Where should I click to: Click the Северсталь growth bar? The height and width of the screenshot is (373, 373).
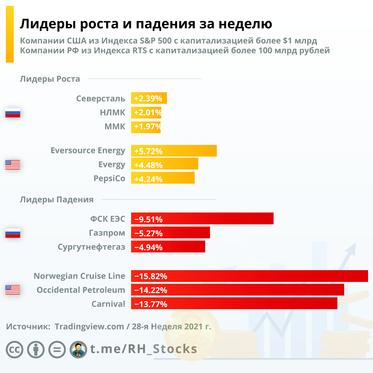tap(149, 98)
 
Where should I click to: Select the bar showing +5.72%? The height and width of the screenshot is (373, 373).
tap(174, 151)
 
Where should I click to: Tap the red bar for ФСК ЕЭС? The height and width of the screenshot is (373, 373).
tap(202, 219)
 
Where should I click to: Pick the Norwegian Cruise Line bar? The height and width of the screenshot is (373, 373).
tap(249, 276)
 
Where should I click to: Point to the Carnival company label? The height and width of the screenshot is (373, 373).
tap(108, 304)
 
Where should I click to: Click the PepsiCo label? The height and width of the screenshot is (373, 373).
tap(109, 178)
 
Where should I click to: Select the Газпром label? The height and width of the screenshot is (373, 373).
tap(107, 233)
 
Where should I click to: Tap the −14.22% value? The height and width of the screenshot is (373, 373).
tap(151, 290)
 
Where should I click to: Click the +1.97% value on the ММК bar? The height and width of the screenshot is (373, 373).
tap(147, 126)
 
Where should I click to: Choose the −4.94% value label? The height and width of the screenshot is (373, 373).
tap(149, 247)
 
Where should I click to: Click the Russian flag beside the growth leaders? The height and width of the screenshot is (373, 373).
tap(13, 113)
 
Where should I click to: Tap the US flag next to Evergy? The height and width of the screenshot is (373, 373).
tap(13, 165)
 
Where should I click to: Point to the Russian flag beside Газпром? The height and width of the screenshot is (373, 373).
tap(13, 233)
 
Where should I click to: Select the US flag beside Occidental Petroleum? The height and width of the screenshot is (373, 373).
tap(13, 290)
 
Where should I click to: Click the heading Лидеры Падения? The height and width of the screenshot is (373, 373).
tap(57, 200)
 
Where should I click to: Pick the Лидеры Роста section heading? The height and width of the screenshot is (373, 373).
tap(50, 79)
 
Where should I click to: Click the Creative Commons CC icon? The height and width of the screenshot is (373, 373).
tap(15, 350)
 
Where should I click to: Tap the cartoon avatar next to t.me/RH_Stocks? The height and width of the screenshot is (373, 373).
tap(78, 350)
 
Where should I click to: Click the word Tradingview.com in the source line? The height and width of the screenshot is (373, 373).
tap(89, 327)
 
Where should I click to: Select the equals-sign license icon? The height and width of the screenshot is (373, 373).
tap(57, 350)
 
